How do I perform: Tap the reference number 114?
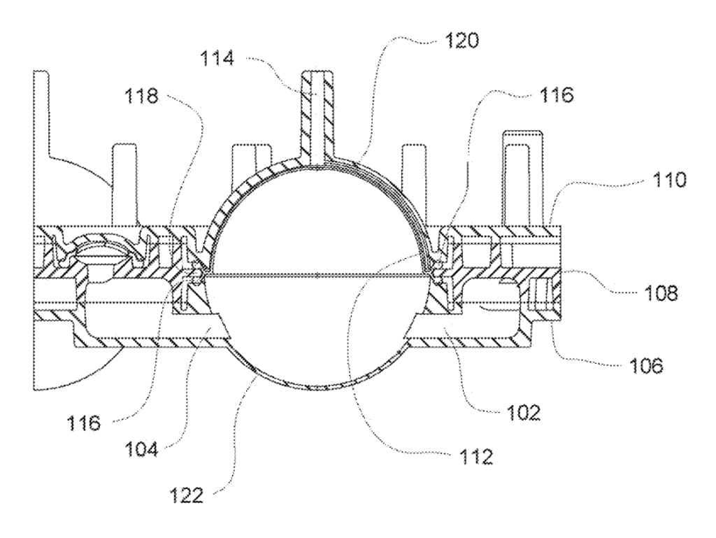click(x=217, y=59)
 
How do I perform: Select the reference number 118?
click(x=141, y=96)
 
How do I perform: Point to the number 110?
click(x=668, y=180)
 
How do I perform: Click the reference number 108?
click(x=661, y=292)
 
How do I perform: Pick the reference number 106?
click(x=645, y=365)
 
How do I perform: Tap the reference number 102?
click(x=523, y=413)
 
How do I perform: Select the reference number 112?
click(x=475, y=456)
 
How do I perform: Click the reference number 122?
click(x=186, y=495)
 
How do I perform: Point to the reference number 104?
click(x=141, y=450)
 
